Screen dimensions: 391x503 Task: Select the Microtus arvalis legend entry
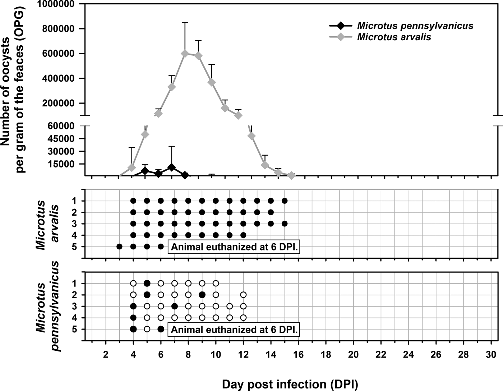(x=394, y=37)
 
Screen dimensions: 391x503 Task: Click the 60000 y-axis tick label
(x=65, y=126)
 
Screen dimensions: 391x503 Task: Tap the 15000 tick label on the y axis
(x=65, y=164)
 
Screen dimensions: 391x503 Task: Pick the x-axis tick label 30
(x=491, y=354)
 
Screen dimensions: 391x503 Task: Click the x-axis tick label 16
(x=298, y=354)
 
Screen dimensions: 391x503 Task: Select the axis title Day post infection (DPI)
(x=290, y=384)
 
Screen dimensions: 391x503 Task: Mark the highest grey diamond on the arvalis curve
(x=185, y=53)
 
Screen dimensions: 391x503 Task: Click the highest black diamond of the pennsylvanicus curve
(x=172, y=167)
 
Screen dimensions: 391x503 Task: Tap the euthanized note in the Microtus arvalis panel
(x=234, y=247)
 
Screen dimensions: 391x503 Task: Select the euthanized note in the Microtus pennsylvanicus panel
(x=234, y=329)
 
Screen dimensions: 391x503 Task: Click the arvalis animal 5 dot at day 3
(x=120, y=247)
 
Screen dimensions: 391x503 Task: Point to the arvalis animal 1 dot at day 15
(x=285, y=201)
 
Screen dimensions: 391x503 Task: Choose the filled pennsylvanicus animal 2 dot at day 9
(x=202, y=295)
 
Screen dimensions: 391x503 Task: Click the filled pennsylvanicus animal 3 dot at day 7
(x=175, y=306)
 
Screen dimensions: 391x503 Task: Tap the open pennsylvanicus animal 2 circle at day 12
(x=243, y=295)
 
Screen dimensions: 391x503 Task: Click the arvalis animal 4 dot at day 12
(x=243, y=235)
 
